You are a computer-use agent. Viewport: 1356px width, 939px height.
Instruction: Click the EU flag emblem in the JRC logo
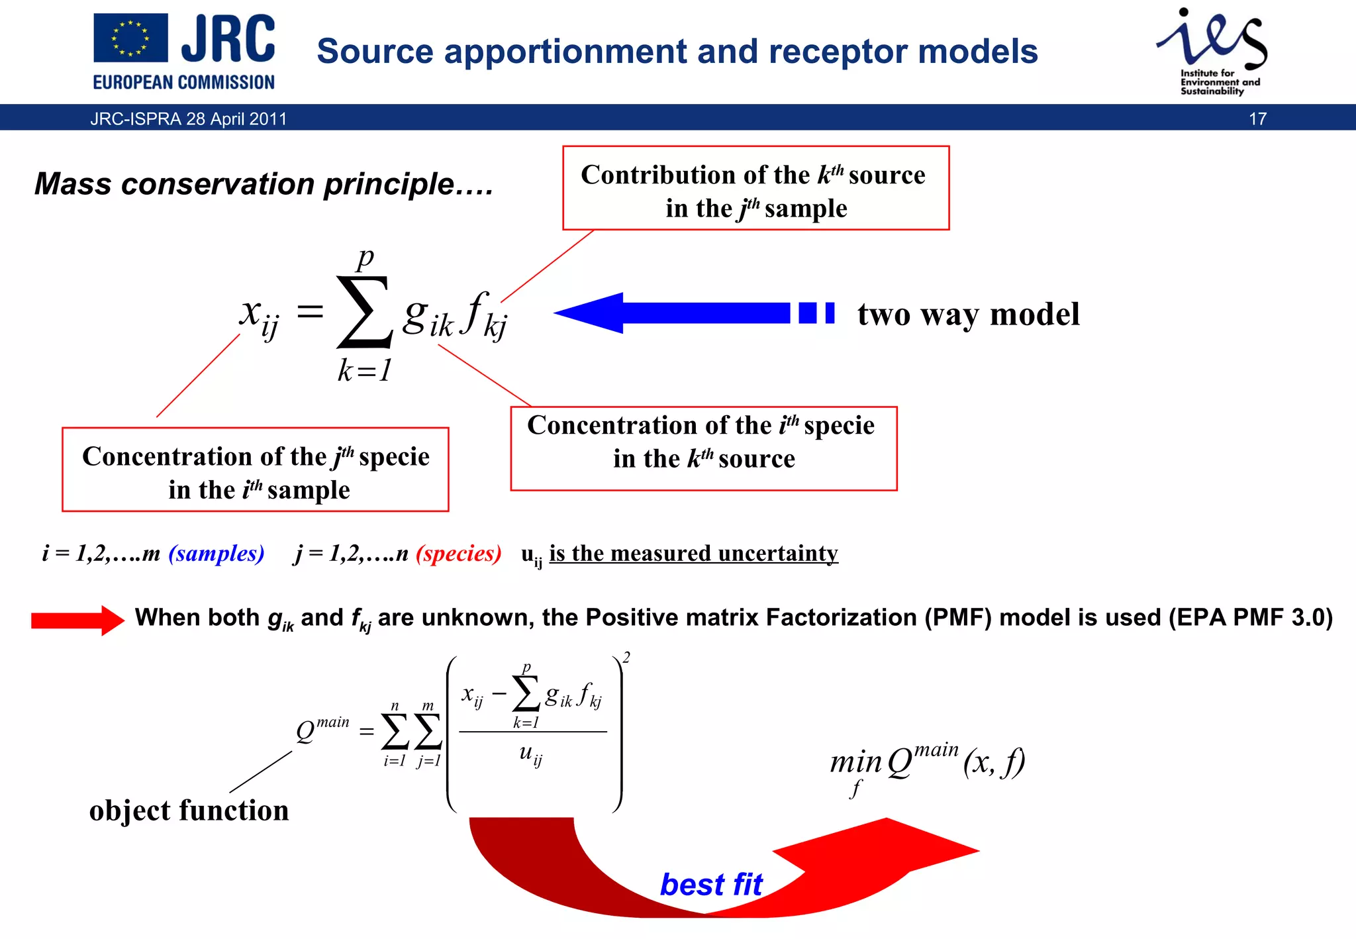pos(130,38)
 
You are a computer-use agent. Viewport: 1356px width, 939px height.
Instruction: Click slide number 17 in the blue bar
pos(1257,119)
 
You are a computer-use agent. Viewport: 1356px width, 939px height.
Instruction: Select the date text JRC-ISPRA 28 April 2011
pos(189,119)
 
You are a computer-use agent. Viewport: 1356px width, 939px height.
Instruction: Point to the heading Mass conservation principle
pos(264,184)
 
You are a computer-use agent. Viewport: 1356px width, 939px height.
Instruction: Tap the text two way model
pos(968,314)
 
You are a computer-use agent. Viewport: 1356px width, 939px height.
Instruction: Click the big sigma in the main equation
pos(364,312)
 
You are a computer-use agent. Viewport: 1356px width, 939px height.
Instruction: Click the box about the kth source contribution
pos(755,189)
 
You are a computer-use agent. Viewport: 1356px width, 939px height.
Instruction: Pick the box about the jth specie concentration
pos(256,470)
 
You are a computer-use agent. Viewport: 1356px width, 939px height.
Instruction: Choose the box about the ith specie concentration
pos(703,448)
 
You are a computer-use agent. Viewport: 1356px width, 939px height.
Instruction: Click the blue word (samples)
pos(216,553)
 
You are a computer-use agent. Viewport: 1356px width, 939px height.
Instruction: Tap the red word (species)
pos(458,553)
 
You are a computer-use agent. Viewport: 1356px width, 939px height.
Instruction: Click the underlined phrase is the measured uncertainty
pos(693,553)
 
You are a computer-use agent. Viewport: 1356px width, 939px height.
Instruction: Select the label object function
pos(189,811)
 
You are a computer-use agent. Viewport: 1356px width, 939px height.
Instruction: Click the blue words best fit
pos(711,885)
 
